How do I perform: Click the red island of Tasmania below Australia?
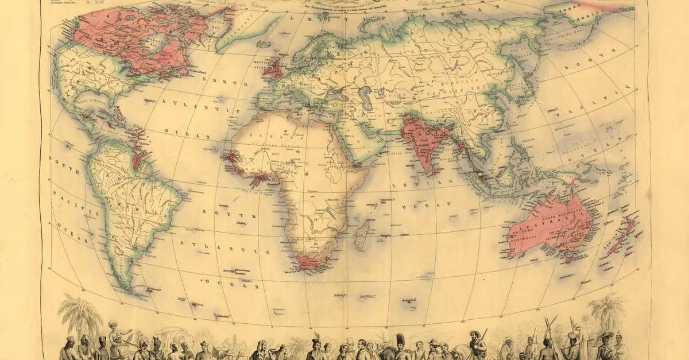click(x=569, y=260)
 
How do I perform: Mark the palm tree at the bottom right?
click(x=606, y=310)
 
